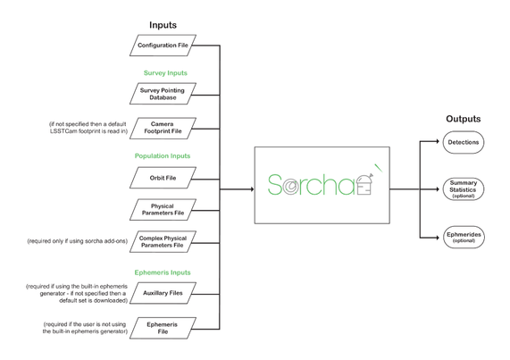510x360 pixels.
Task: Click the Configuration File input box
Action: click(163, 46)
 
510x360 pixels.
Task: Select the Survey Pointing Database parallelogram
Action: click(163, 94)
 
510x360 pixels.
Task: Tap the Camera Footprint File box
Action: click(163, 128)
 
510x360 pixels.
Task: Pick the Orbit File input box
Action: click(163, 178)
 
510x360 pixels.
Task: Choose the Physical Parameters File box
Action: click(163, 209)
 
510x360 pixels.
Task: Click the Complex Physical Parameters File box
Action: click(163, 241)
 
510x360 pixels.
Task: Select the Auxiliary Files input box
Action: click(163, 293)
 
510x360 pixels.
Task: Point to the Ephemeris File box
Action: click(163, 328)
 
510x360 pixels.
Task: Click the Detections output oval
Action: click(464, 142)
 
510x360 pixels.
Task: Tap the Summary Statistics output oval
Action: click(464, 189)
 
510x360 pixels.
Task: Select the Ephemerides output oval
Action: click(464, 237)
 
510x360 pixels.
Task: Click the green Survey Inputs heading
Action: click(165, 73)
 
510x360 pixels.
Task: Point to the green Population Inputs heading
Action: click(163, 155)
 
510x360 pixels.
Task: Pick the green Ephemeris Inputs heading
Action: click(163, 272)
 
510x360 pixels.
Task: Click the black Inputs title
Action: click(163, 25)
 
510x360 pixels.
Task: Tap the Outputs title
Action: click(464, 119)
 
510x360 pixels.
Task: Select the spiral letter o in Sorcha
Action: click(290, 187)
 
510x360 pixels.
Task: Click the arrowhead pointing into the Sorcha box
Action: click(252, 189)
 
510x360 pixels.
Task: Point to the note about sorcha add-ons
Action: click(78, 241)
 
